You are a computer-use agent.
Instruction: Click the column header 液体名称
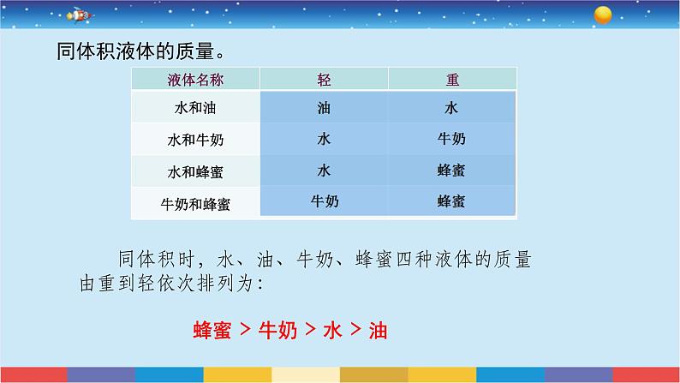coord(194,80)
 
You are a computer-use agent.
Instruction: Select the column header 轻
coord(324,80)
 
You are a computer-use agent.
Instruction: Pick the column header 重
coord(452,80)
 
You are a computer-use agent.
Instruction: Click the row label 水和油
coord(194,109)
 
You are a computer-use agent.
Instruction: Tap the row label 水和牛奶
coord(194,140)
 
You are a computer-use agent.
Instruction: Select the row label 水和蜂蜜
coord(194,171)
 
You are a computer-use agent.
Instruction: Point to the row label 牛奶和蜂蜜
coord(194,203)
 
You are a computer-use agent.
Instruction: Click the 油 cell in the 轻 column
coord(324,109)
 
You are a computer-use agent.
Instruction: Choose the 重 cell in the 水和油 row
coord(452,109)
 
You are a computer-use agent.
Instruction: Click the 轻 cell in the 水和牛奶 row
coord(324,139)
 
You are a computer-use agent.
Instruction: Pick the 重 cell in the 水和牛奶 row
coord(452,139)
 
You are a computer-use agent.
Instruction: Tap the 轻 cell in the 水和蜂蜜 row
coord(324,171)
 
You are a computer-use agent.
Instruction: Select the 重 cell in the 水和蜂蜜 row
coord(452,171)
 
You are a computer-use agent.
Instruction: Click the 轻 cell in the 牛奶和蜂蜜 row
coord(324,201)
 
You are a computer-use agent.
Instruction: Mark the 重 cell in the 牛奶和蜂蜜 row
coord(452,201)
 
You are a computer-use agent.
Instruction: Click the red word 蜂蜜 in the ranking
coord(213,330)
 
